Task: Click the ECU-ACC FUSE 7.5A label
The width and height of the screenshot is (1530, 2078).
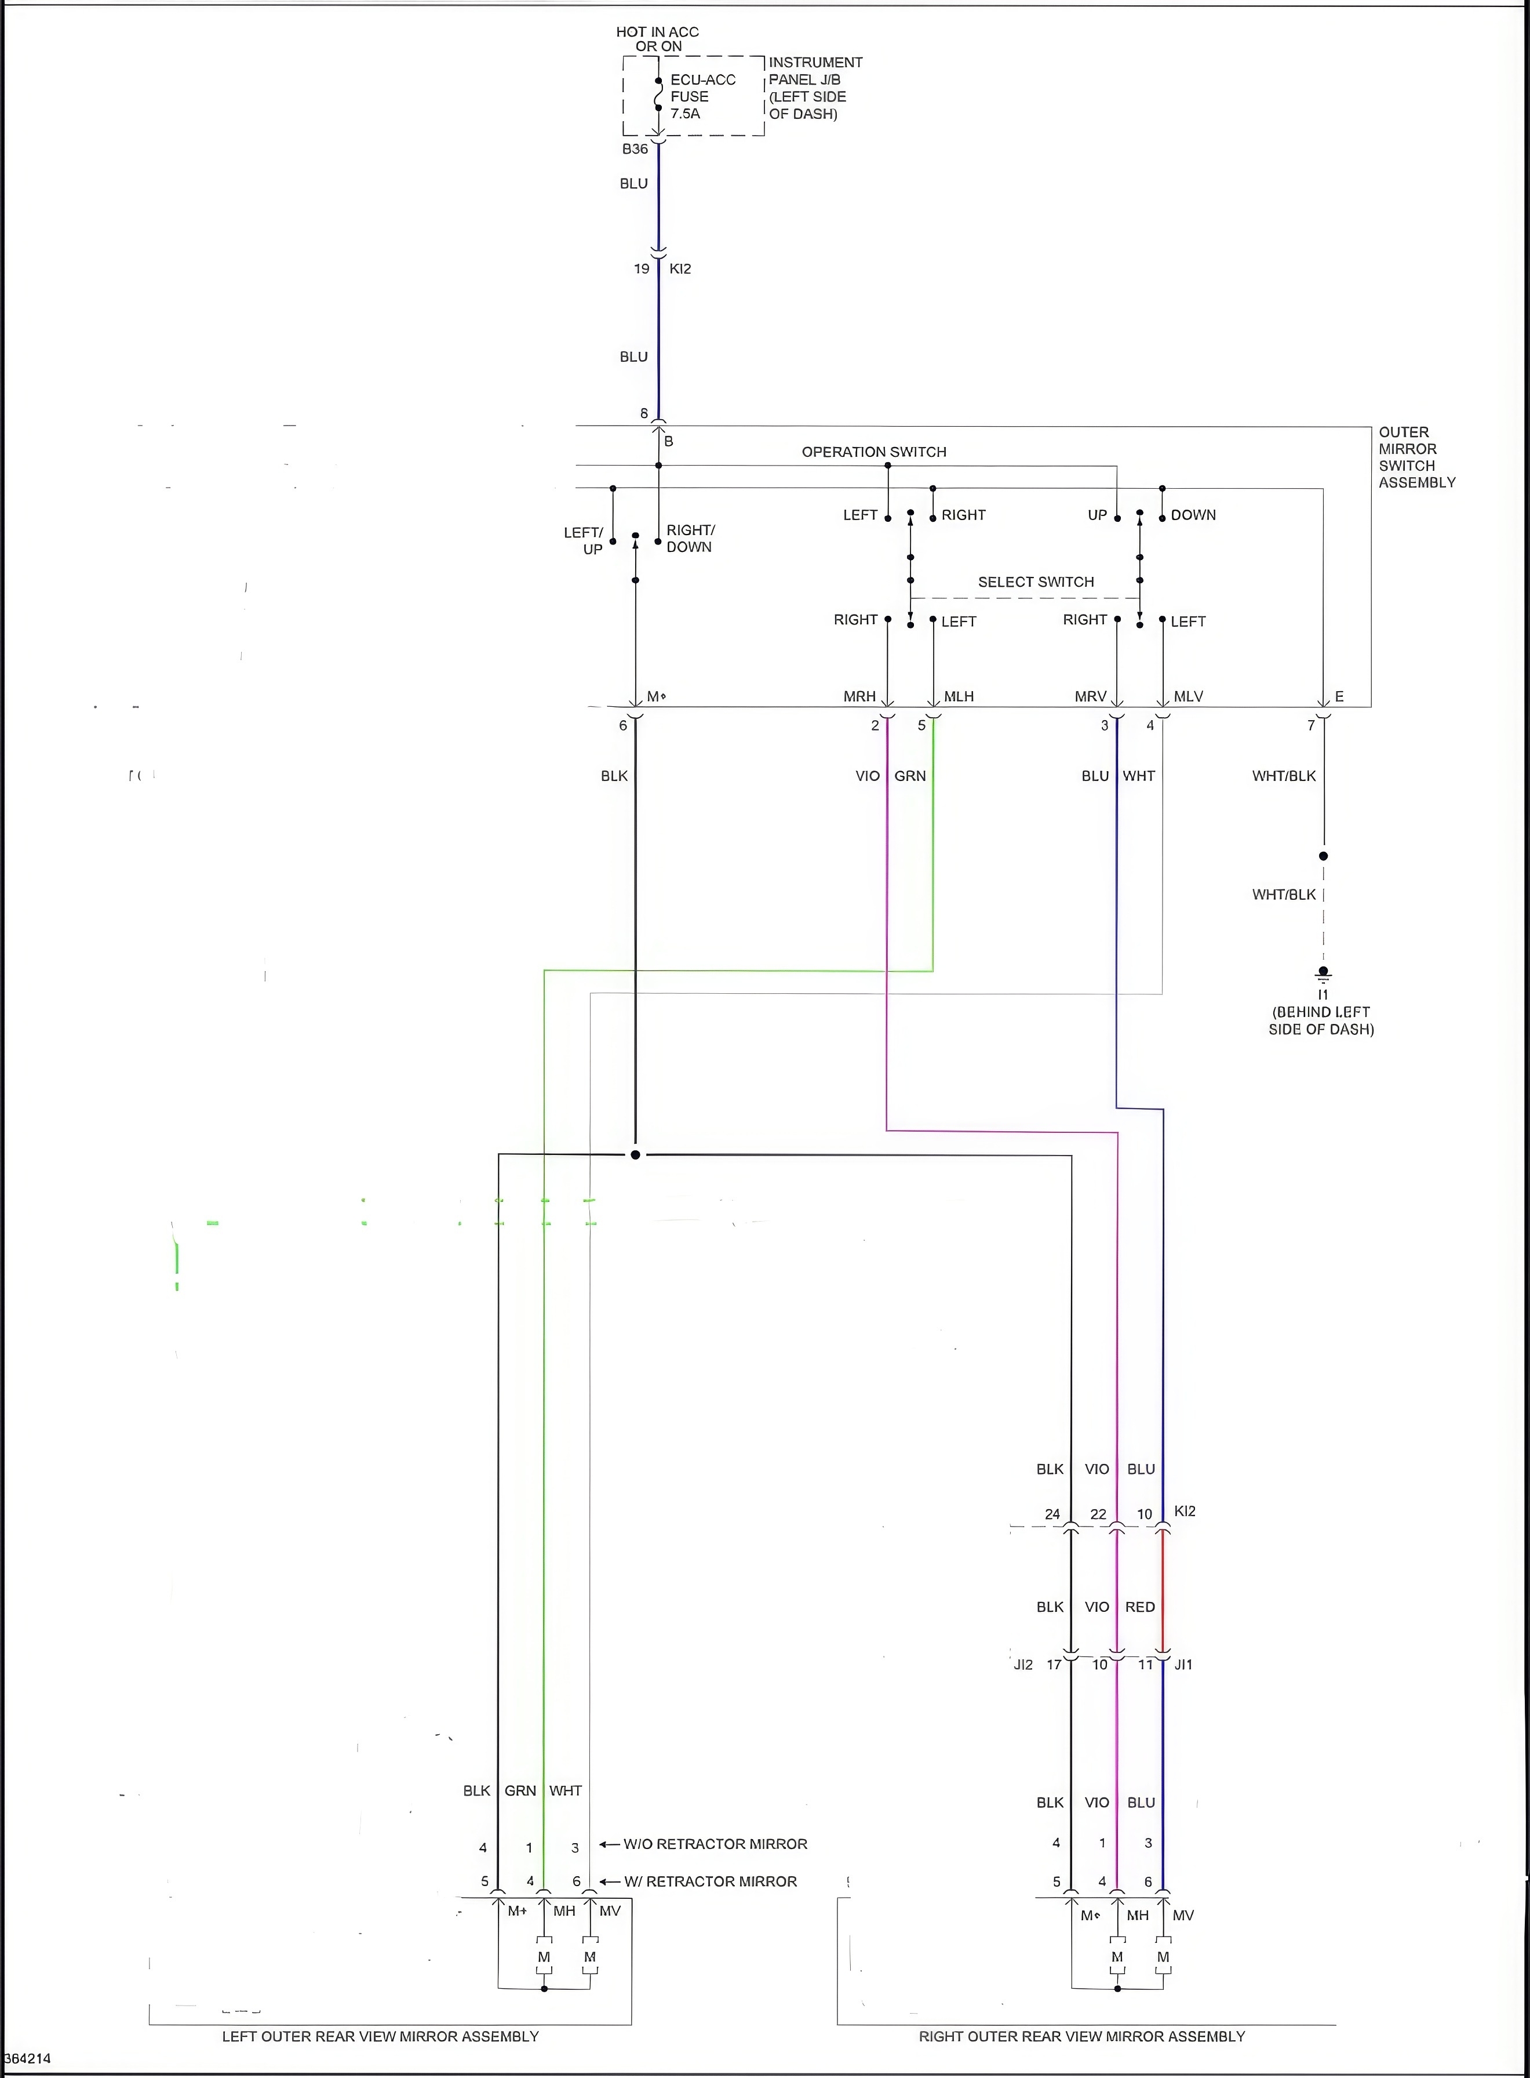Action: pos(702,96)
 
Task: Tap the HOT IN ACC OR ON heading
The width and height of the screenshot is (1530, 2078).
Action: pos(658,39)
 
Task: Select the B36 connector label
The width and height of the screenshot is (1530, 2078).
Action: pos(635,149)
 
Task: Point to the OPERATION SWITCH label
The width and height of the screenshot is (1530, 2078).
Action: pos(873,452)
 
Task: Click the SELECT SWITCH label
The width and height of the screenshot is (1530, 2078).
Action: pos(1036,582)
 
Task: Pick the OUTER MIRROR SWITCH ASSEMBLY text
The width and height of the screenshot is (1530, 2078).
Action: pos(1416,457)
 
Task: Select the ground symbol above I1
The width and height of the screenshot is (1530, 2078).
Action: pos(1324,975)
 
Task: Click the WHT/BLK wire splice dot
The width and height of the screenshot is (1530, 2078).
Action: pos(1324,856)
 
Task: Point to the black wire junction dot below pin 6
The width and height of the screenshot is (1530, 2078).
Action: pos(635,1154)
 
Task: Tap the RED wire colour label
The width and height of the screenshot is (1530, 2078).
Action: pos(1140,1607)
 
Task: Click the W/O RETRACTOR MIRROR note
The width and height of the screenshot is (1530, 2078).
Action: pos(715,1844)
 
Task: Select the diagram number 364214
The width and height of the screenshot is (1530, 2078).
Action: pos(28,2058)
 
